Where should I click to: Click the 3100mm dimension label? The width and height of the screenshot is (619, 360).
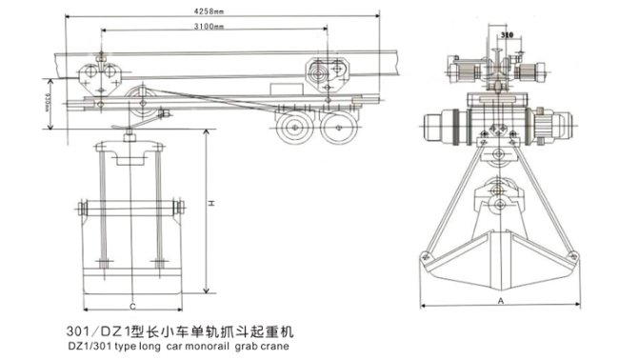tap(210, 30)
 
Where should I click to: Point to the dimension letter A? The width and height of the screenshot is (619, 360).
tap(500, 298)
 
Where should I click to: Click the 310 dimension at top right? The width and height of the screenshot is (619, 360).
tap(506, 34)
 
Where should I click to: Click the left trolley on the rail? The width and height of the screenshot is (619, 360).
tap(97, 74)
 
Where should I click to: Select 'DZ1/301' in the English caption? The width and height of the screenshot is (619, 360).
tap(89, 346)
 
